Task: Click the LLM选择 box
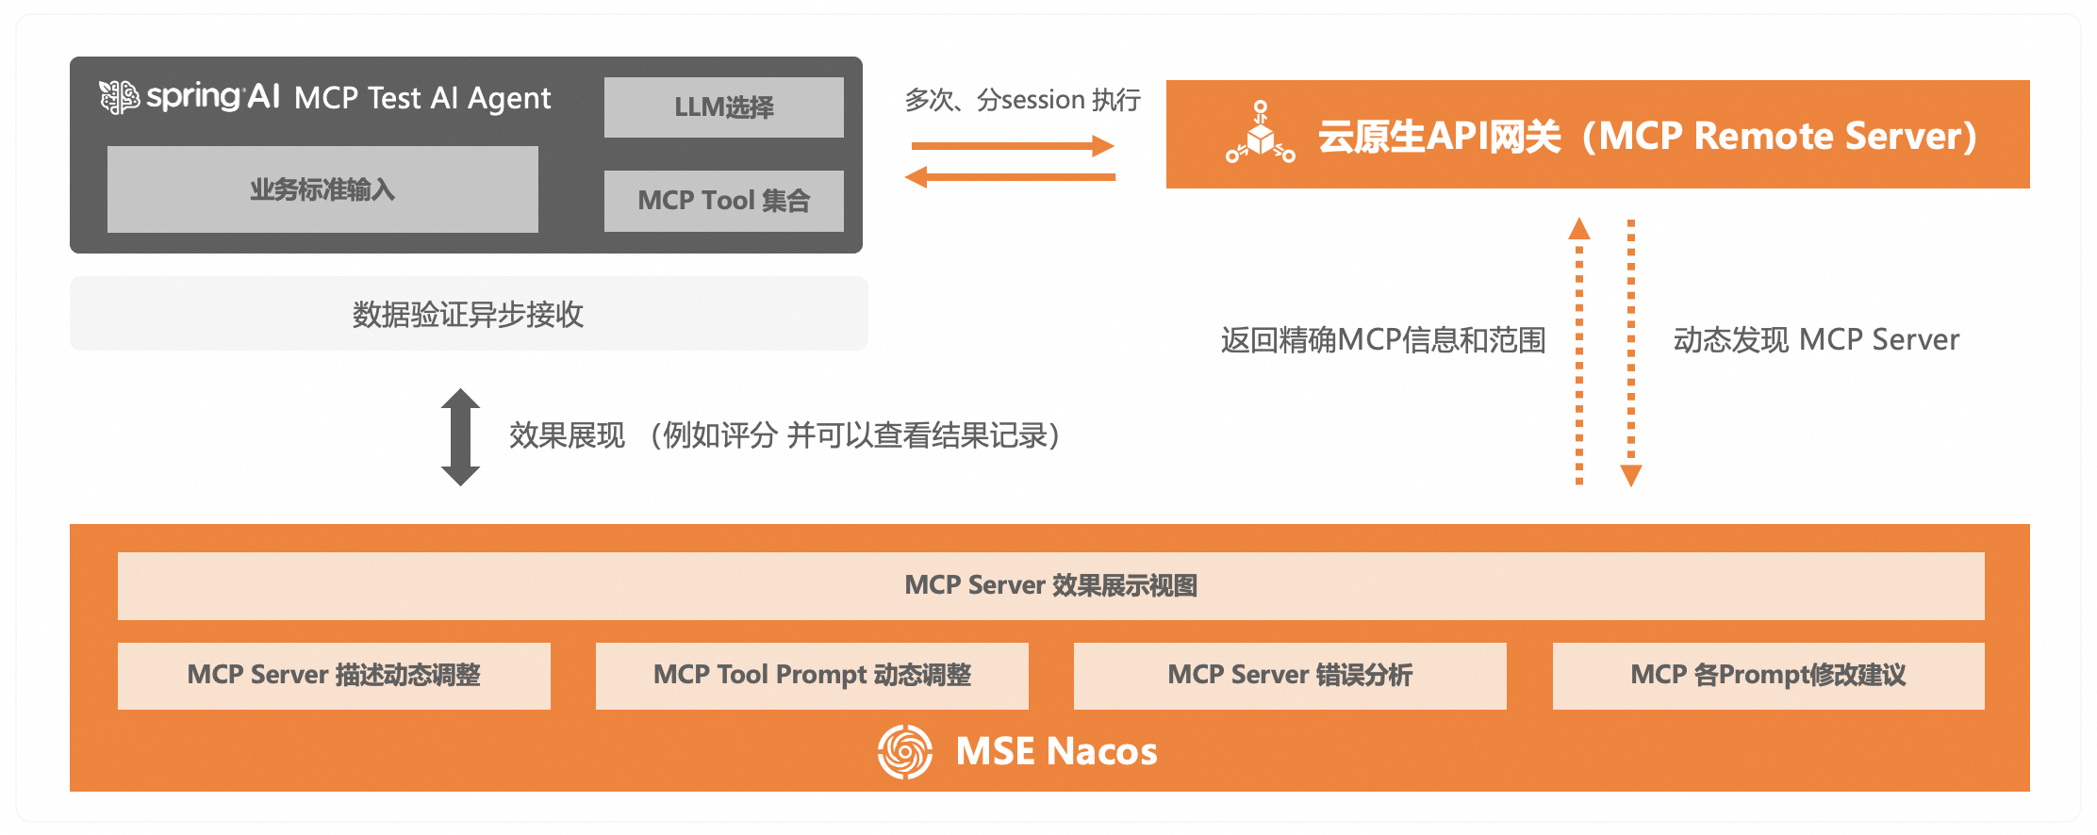tap(723, 107)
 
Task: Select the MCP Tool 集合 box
tap(723, 201)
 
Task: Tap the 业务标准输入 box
tap(322, 189)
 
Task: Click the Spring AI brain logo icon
tap(120, 97)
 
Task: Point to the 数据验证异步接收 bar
tap(469, 314)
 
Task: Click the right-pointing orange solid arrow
tap(1012, 146)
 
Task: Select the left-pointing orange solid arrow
tap(1010, 176)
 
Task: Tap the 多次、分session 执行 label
tap(1022, 100)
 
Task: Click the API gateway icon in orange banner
tap(1261, 134)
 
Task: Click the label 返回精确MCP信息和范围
tap(1383, 340)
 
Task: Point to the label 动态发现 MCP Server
tap(1816, 340)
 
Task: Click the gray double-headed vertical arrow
tap(460, 437)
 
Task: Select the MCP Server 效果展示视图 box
tap(1050, 586)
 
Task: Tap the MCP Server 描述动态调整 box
tap(334, 676)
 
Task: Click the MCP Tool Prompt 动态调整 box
tap(812, 676)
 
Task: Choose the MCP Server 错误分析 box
tap(1290, 676)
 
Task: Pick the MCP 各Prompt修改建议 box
tap(1768, 676)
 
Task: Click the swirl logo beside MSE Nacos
tap(905, 751)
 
